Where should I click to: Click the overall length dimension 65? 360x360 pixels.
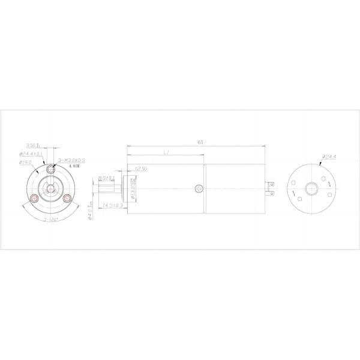click(199, 142)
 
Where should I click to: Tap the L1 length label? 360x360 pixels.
click(165, 154)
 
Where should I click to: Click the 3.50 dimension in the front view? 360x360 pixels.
click(32, 145)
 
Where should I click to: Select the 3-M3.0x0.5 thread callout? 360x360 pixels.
click(72, 161)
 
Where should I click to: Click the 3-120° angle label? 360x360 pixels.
click(51, 220)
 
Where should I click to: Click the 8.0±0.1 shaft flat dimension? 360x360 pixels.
click(107, 178)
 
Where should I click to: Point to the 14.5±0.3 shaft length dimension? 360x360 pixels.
click(112, 205)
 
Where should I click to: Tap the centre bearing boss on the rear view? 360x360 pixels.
click(311, 188)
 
